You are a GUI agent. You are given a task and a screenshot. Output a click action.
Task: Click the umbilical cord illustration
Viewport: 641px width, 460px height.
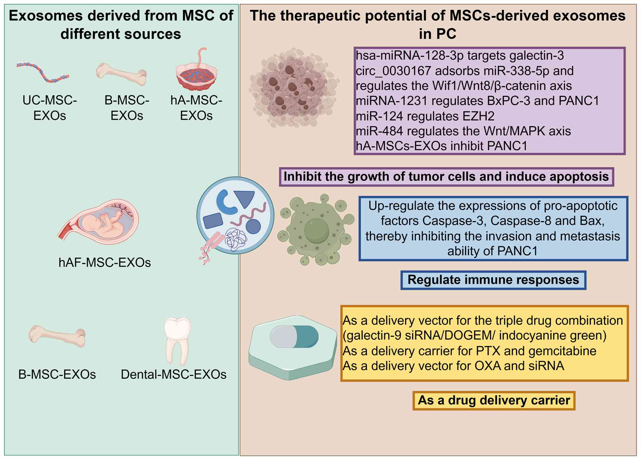coord(43,72)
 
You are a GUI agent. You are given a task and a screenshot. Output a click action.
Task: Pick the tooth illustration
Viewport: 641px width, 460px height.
coord(177,341)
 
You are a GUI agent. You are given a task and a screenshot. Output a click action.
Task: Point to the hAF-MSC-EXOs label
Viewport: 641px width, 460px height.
coord(105,262)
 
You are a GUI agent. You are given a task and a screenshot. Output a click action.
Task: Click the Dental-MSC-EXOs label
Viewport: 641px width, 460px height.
coord(174,374)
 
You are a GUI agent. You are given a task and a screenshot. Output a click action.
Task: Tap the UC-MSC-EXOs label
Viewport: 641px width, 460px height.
coord(50,108)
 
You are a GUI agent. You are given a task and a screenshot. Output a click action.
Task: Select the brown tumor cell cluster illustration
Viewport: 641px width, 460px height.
coord(294,88)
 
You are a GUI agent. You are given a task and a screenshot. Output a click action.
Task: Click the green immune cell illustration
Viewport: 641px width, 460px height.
coord(316,230)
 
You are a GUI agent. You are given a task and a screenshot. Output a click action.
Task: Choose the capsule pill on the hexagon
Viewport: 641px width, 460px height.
coord(294,337)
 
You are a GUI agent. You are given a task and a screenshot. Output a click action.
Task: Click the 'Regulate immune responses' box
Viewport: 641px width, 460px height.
coord(493,280)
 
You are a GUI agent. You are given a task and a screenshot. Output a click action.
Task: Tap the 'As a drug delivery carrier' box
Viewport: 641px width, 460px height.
coord(494,400)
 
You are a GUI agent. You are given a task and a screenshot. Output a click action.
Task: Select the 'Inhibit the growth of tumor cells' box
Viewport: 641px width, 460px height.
coord(446,177)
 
